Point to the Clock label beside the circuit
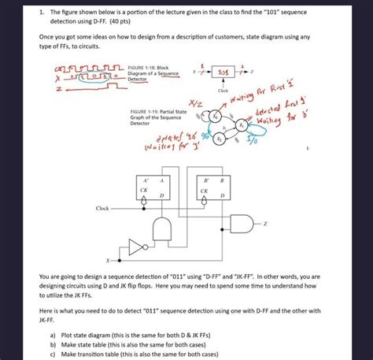coord(102,208)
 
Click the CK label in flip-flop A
coord(144,190)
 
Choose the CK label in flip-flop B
coord(203,190)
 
